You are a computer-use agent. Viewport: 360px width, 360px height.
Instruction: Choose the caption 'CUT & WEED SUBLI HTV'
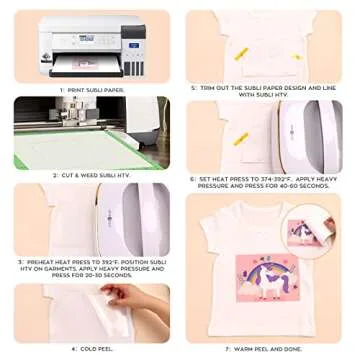point(93,174)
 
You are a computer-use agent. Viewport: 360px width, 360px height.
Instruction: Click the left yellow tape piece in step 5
point(241,51)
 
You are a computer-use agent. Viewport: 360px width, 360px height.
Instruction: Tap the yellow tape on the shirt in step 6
point(241,138)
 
